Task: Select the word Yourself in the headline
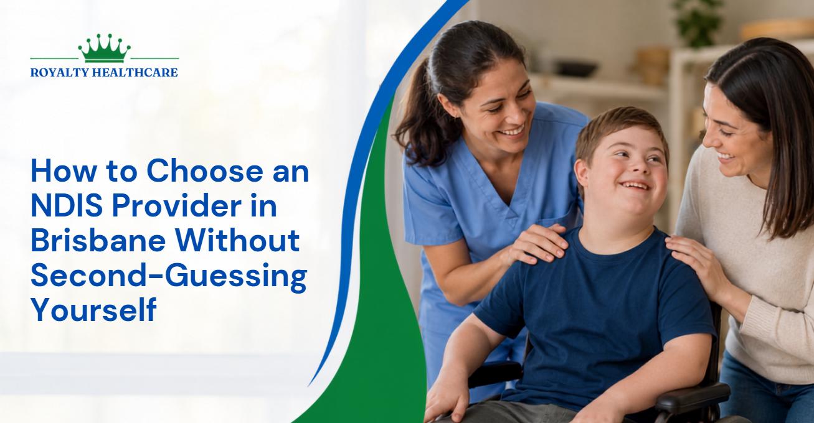pyautogui.click(x=94, y=309)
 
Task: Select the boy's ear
pyautogui.click(x=582, y=174)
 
